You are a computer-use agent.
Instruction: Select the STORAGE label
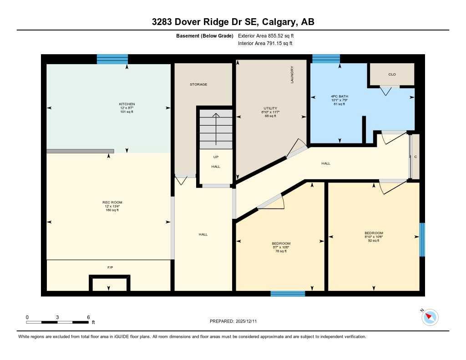pyautogui.click(x=198, y=85)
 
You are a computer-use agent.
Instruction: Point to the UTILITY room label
pyautogui.click(x=269, y=108)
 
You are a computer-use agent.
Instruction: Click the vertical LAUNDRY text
pyautogui.click(x=292, y=75)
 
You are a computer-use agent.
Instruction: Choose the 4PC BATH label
pyautogui.click(x=339, y=96)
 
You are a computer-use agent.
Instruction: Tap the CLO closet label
pyautogui.click(x=392, y=74)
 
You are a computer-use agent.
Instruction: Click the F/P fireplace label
pyautogui.click(x=110, y=267)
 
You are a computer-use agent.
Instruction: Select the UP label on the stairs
pyautogui.click(x=216, y=157)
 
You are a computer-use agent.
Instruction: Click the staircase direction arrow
pyautogui.click(x=216, y=127)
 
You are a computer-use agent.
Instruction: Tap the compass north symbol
pyautogui.click(x=430, y=317)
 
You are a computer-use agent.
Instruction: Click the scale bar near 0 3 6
pyautogui.click(x=57, y=322)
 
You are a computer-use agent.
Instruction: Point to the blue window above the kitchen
pyautogui.click(x=112, y=59)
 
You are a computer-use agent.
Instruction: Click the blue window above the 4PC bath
pyautogui.click(x=326, y=58)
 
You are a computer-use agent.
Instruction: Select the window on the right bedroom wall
pyautogui.click(x=422, y=239)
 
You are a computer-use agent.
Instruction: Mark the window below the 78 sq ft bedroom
pyautogui.click(x=288, y=294)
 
